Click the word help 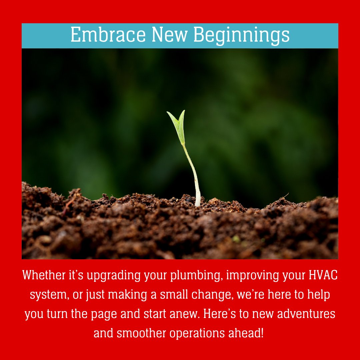coord(318,295)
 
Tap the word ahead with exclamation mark coord(249,333)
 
